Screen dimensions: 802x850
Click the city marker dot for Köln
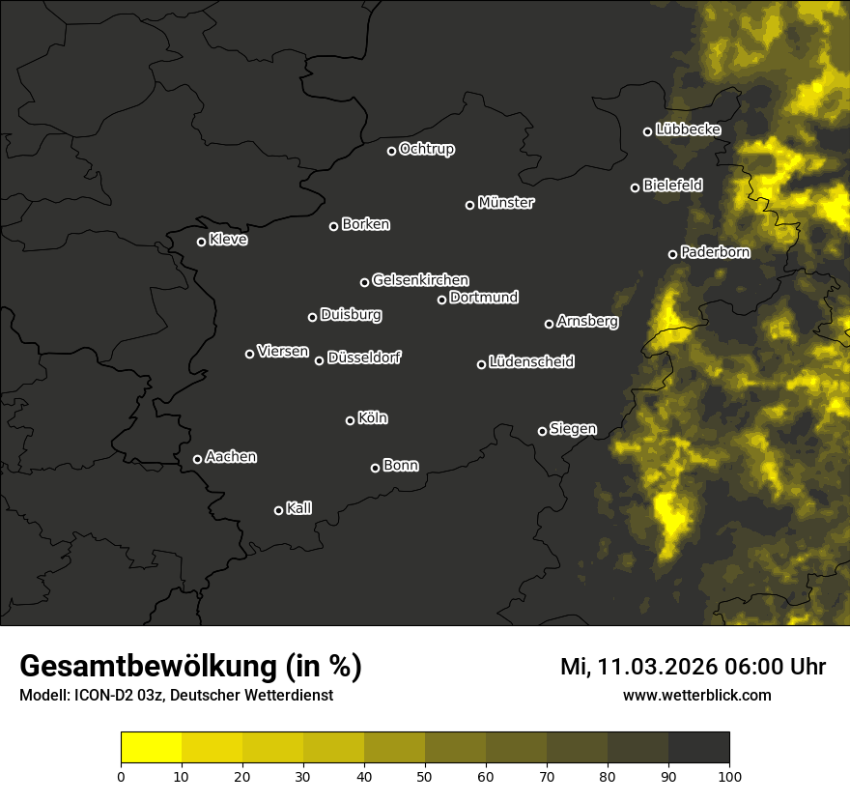[350, 420]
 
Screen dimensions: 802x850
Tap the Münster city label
[506, 203]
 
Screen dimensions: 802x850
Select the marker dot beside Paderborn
[673, 254]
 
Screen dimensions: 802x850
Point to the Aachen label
[231, 457]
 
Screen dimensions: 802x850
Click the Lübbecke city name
[688, 129]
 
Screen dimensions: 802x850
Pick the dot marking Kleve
[201, 242]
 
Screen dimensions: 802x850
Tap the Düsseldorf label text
[364, 358]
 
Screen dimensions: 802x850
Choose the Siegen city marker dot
[542, 431]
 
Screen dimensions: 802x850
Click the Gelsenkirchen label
[420, 280]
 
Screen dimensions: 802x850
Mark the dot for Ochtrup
[391, 151]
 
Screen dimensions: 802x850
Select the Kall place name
[299, 508]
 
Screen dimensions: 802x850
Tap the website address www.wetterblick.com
[696, 695]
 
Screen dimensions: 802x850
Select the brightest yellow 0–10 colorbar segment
[152, 748]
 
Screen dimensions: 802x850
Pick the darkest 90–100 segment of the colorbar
[698, 748]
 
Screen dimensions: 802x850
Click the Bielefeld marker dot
[635, 187]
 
